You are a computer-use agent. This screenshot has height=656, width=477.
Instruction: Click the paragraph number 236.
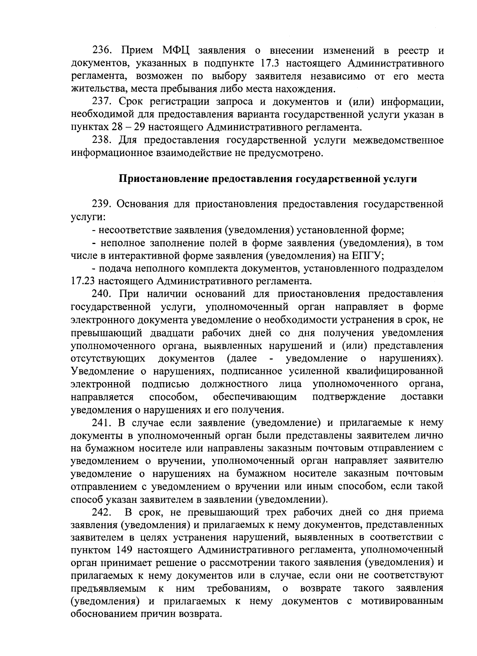click(x=103, y=51)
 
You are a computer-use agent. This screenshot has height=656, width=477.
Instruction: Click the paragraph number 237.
click(x=103, y=102)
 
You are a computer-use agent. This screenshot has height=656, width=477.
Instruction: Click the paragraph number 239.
click(x=103, y=204)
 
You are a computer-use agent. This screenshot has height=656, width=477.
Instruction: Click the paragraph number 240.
click(x=103, y=294)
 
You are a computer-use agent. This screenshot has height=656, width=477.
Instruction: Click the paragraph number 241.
click(x=103, y=422)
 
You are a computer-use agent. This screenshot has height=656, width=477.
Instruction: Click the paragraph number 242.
click(x=103, y=512)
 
